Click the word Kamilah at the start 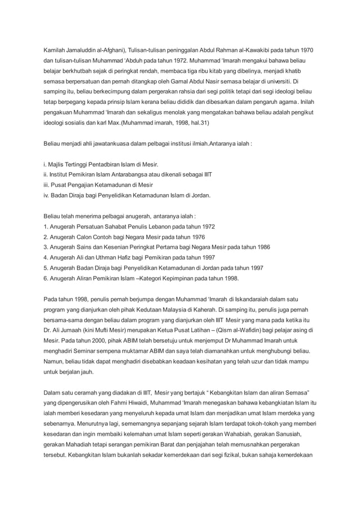pyautogui.click(x=54, y=50)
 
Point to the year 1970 pyautogui.click(x=308, y=50)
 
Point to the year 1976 pyautogui.click(x=195, y=237)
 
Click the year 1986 pyautogui.click(x=261, y=247)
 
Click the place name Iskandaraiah pyautogui.click(x=256, y=300)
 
